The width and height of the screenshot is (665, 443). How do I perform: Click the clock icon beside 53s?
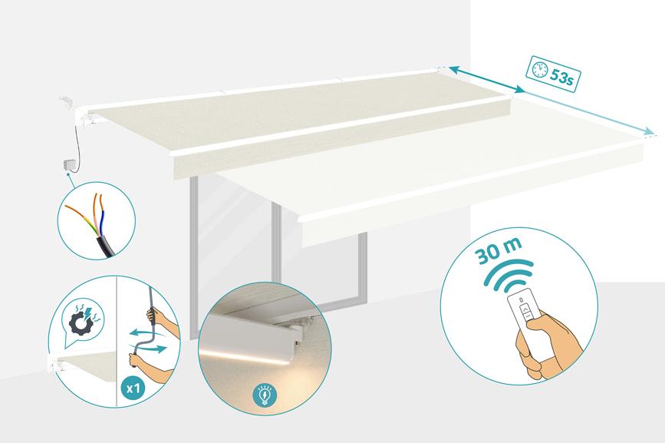pyautogui.click(x=539, y=69)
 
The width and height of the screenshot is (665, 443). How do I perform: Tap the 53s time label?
pyautogui.click(x=562, y=77)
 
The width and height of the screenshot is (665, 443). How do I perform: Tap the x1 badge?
pyautogui.click(x=133, y=388)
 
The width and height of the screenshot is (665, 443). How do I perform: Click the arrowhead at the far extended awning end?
pyautogui.click(x=648, y=131)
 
